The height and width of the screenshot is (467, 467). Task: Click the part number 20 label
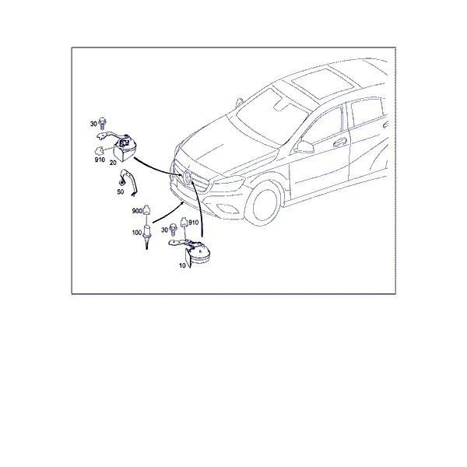(113, 163)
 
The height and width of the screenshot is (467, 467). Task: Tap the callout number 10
(182, 265)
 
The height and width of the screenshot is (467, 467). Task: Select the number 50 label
(121, 191)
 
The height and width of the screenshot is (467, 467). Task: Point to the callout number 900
(137, 211)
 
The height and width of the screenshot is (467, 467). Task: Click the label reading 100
(137, 232)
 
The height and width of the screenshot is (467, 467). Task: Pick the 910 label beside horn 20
(100, 160)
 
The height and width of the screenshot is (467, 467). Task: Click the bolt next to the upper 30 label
(103, 123)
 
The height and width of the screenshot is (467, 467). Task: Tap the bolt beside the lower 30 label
(173, 230)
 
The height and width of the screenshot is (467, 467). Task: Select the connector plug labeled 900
(146, 210)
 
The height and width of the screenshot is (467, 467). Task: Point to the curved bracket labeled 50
(128, 183)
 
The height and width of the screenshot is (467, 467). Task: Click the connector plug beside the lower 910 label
(184, 222)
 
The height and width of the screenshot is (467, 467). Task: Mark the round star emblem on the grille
(188, 177)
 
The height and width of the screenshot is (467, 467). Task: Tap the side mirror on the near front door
(304, 147)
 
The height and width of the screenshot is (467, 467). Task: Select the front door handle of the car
(340, 142)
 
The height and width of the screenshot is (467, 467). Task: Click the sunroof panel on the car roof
(322, 83)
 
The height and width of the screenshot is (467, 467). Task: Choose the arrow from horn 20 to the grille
(157, 170)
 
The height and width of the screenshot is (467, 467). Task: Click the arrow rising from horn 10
(200, 209)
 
